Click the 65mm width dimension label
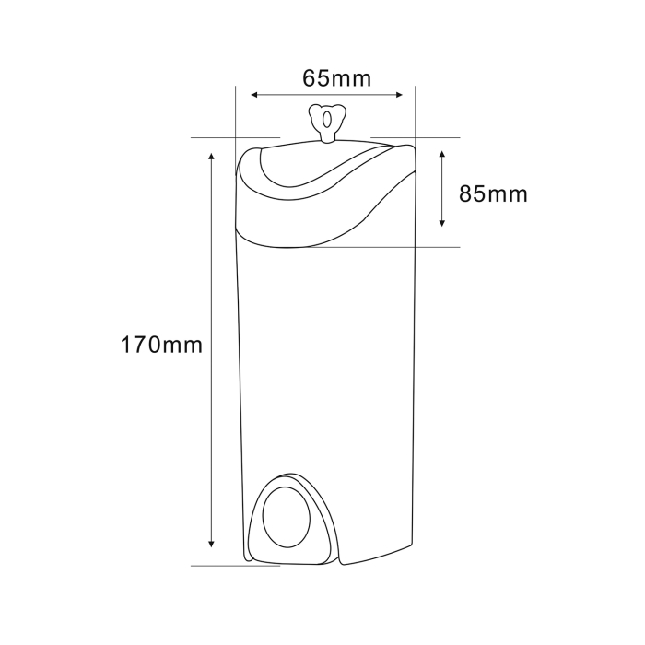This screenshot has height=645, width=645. click(337, 78)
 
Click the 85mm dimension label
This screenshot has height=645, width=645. click(493, 193)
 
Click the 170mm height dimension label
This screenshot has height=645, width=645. click(161, 345)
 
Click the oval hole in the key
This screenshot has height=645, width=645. click(327, 120)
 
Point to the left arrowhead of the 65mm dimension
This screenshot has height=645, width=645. click(254, 95)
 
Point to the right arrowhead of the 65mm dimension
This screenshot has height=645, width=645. click(399, 95)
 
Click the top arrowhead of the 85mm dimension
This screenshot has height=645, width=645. click(442, 154)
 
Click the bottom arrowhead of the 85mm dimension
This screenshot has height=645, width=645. click(442, 223)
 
